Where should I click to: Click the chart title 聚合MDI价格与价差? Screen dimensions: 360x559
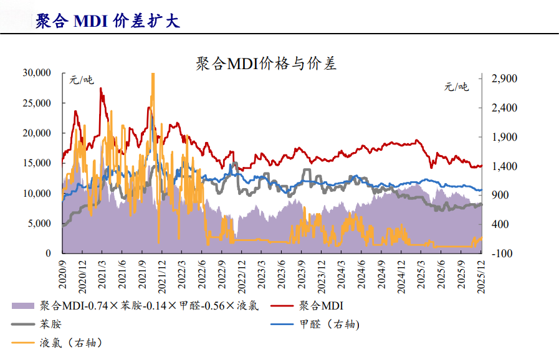(265, 64)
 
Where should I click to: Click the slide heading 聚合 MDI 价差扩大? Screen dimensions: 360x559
(107, 21)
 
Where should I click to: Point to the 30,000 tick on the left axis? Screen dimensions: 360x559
(36, 73)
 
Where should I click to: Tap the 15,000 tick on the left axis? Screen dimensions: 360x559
(36, 163)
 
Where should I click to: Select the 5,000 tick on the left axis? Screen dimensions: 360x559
(39, 224)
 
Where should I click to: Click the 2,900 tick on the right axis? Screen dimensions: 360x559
(504, 78)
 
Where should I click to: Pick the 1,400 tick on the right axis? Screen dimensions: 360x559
(504, 166)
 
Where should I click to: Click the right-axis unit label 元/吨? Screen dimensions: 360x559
(456, 87)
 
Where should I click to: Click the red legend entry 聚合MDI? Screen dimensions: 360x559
(321, 306)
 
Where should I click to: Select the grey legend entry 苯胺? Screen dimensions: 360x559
(50, 324)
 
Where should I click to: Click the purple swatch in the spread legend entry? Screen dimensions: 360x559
(23, 306)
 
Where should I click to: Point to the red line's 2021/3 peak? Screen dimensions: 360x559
(101, 89)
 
